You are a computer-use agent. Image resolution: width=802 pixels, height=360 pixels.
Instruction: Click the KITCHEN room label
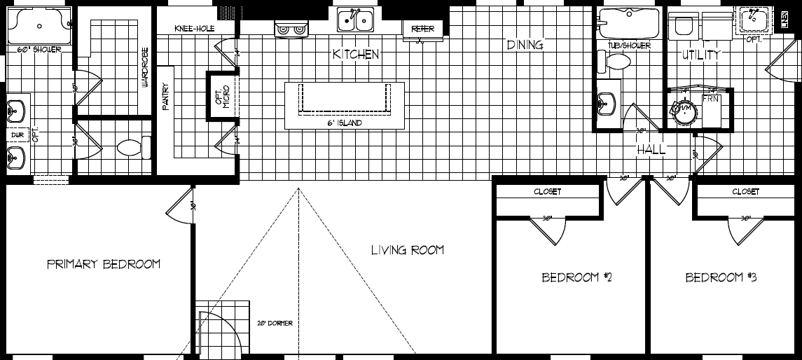(356, 54)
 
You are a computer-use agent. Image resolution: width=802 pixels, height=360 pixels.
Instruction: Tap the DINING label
(525, 45)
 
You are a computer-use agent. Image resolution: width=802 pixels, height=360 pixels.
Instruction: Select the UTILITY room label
(701, 55)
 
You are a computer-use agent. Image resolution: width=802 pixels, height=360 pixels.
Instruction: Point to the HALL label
(651, 150)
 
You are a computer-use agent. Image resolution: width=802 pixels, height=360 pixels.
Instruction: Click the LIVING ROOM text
(407, 250)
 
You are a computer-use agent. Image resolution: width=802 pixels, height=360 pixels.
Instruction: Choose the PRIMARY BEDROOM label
(104, 264)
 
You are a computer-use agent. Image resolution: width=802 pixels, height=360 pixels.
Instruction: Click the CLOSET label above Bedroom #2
(547, 191)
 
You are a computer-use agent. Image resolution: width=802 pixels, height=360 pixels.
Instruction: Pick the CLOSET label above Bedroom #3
(745, 191)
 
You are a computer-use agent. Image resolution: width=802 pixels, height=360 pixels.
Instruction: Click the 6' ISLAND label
(345, 123)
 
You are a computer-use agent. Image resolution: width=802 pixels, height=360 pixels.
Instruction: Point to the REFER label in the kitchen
(422, 29)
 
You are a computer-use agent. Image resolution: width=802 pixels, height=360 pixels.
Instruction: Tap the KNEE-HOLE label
(194, 28)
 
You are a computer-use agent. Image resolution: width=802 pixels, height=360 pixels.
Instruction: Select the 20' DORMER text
(274, 323)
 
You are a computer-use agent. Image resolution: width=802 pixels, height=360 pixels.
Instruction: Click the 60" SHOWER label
(39, 49)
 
